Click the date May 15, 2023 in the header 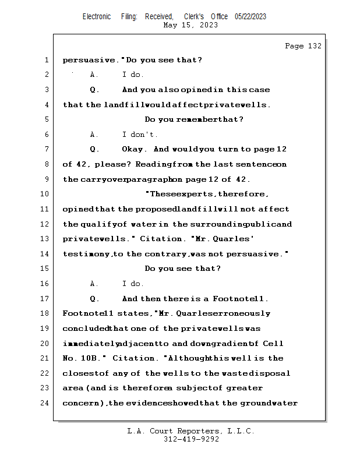191,25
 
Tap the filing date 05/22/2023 250,16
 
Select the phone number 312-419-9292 191,440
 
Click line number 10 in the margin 45,194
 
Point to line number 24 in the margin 45,403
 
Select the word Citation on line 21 133,358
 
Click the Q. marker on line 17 94,299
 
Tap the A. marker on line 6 94,135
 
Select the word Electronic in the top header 97,16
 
